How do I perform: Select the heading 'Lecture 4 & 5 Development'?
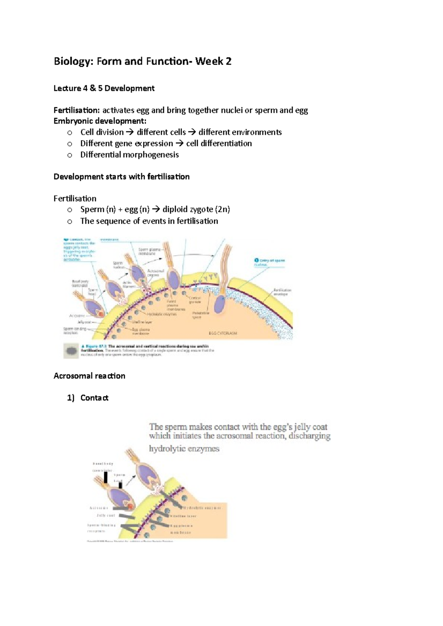click(x=104, y=88)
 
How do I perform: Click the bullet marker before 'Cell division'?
click(x=70, y=133)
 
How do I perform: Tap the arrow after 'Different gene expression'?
click(x=179, y=144)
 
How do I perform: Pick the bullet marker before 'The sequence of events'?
click(x=70, y=222)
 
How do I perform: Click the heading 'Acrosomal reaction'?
click(x=89, y=376)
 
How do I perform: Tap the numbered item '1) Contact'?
click(x=88, y=398)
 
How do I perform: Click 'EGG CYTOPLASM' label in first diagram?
click(x=223, y=333)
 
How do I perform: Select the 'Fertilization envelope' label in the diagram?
click(x=282, y=292)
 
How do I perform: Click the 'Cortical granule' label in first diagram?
click(x=195, y=300)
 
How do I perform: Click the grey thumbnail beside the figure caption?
click(x=71, y=351)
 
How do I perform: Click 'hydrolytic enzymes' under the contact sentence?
click(x=184, y=449)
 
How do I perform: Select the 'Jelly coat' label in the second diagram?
click(x=106, y=515)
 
